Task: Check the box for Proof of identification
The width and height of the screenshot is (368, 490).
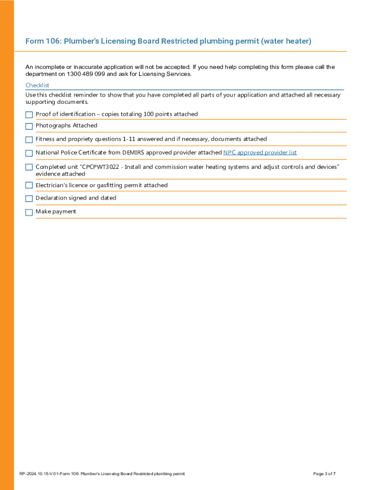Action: pyautogui.click(x=29, y=115)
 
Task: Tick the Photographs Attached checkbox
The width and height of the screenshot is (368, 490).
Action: pyautogui.click(x=29, y=126)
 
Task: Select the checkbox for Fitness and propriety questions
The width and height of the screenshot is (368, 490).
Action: pyautogui.click(x=29, y=140)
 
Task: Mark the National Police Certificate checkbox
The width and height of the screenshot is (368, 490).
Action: pyautogui.click(x=29, y=153)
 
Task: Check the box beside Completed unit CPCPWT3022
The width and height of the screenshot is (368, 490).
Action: pyautogui.click(x=29, y=167)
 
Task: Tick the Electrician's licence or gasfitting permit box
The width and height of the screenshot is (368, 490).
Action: pyautogui.click(x=29, y=186)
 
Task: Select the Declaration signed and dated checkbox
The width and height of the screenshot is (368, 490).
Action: pyautogui.click(x=29, y=199)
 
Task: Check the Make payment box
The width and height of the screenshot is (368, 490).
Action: pyautogui.click(x=29, y=212)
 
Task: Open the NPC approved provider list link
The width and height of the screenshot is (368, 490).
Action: pyautogui.click(x=260, y=153)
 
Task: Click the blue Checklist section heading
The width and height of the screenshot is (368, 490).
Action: pyautogui.click(x=37, y=85)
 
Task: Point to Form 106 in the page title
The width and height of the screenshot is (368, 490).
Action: pyautogui.click(x=40, y=42)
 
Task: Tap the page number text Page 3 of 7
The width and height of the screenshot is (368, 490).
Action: pyautogui.click(x=324, y=474)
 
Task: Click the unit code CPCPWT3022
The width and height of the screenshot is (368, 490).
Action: pyautogui.click(x=100, y=167)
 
